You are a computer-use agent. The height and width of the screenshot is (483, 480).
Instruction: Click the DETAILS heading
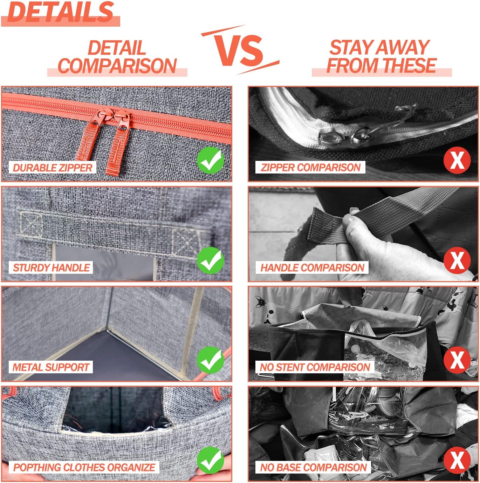pyautogui.click(x=60, y=12)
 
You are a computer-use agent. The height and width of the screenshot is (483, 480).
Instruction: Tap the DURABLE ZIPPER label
pyautogui.click(x=53, y=168)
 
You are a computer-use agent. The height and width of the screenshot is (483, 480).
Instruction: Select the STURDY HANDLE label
pyautogui.click(x=51, y=267)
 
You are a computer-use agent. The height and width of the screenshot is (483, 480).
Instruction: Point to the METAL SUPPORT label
pyautogui.click(x=51, y=367)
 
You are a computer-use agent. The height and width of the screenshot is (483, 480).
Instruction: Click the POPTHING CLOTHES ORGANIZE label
pyautogui.click(x=84, y=468)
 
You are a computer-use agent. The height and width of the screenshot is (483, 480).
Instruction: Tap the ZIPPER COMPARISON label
pyautogui.click(x=310, y=168)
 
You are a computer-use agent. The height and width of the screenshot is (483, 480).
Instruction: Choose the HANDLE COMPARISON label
pyautogui.click(x=312, y=267)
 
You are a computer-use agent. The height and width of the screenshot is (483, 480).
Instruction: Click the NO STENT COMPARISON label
pyautogui.click(x=315, y=367)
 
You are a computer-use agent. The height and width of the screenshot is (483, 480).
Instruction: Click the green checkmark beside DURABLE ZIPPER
pyautogui.click(x=210, y=161)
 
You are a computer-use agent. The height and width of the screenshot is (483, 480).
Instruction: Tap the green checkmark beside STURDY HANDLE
pyautogui.click(x=210, y=260)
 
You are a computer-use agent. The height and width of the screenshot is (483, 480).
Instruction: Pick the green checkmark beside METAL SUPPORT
pyautogui.click(x=210, y=360)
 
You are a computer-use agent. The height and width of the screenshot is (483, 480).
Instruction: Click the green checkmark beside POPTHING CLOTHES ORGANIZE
pyautogui.click(x=210, y=460)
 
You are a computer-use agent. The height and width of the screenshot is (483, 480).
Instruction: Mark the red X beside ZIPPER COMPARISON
pyautogui.click(x=457, y=161)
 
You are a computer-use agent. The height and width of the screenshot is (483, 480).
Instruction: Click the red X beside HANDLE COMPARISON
pyautogui.click(x=457, y=260)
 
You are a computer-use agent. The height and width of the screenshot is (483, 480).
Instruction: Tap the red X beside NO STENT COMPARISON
pyautogui.click(x=457, y=360)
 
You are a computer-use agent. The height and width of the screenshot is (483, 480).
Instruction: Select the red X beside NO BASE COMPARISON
pyautogui.click(x=457, y=460)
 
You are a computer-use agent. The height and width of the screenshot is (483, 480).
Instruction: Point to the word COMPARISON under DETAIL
pyautogui.click(x=117, y=66)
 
